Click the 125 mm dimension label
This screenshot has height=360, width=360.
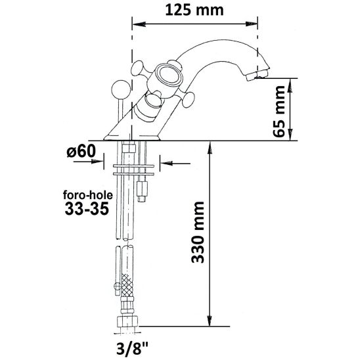[194, 11]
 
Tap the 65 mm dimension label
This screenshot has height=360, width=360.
[279, 112]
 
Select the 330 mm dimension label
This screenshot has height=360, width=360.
[198, 232]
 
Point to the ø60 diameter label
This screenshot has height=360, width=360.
[81, 151]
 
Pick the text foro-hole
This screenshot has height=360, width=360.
[88, 195]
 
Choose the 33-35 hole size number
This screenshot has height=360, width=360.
[87, 209]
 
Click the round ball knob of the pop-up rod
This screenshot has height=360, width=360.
[120, 89]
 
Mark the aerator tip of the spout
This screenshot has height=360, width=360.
[258, 76]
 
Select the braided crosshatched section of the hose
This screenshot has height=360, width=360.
[127, 285]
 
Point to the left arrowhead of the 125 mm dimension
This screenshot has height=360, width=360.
[139, 24]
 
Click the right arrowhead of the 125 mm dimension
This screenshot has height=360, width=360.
[251, 24]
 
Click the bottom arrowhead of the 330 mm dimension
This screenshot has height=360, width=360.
[210, 319]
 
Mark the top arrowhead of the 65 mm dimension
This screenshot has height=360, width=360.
[290, 85]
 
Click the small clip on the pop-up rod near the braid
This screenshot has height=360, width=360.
[118, 286]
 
